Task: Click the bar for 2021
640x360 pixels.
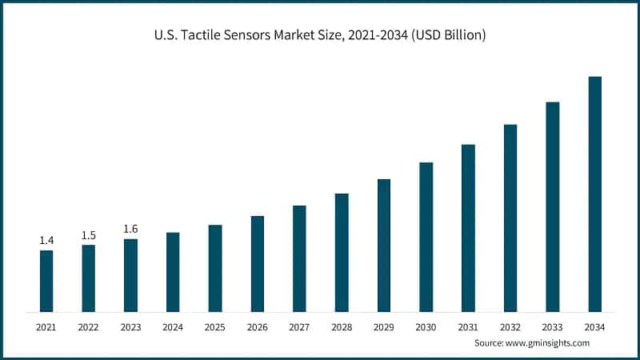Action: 46,281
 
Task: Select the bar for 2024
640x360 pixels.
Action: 173,272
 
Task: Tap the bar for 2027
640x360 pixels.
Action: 299,258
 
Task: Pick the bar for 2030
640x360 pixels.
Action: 426,237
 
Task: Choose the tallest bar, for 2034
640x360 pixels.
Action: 594,194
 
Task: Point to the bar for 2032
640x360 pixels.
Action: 510,218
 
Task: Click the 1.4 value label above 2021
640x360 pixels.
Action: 46,241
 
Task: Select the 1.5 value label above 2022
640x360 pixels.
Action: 89,235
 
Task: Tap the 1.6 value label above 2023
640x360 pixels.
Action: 130,230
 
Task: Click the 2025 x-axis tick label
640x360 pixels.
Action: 215,327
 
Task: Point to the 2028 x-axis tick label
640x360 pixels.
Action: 342,327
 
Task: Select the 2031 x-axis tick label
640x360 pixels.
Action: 468,327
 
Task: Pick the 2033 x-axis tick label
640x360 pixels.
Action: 553,327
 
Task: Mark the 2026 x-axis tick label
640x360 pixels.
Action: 258,327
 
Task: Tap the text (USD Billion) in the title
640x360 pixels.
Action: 448,35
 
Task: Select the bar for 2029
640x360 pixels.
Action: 384,245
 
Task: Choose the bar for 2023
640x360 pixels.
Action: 130,275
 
